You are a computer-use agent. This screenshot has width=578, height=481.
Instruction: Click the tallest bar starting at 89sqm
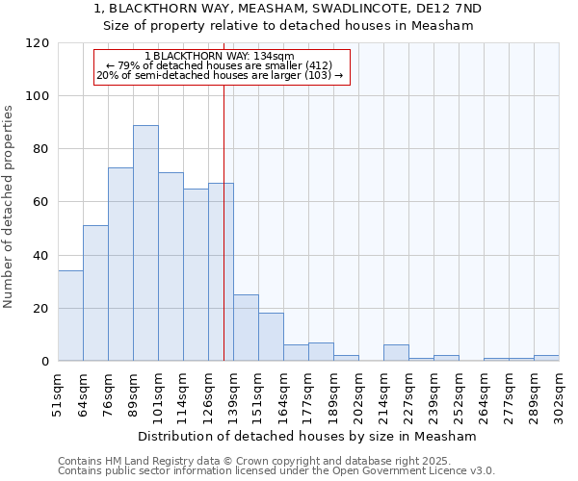tap(145, 243)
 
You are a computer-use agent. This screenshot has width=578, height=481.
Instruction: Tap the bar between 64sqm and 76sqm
tap(95, 293)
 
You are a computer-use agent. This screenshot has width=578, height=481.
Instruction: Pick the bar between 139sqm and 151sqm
tap(246, 328)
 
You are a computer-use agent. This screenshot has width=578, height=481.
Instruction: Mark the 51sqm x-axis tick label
tap(59, 390)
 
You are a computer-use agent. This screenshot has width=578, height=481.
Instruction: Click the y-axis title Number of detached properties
tap(10, 207)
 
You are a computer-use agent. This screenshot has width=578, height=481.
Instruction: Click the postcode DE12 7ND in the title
tap(448, 9)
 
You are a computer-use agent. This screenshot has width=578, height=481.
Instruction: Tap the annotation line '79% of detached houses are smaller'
tap(221, 65)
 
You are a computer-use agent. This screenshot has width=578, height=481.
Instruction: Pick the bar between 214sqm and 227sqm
tap(396, 353)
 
